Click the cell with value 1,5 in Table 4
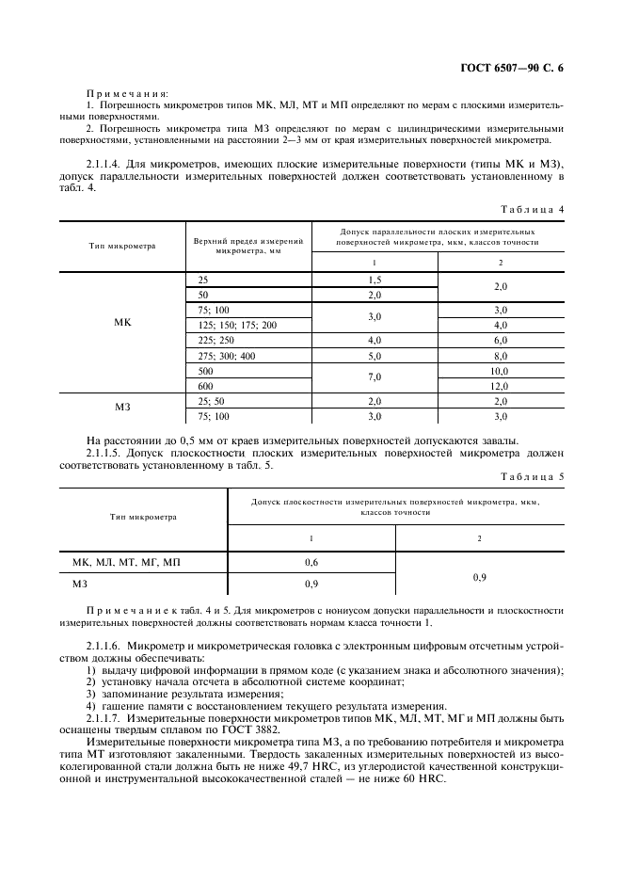pos(375,280)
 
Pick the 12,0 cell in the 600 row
pos(500,386)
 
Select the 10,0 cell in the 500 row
pos(500,371)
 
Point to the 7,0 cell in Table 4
pos(375,378)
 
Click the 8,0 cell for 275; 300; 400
pos(500,356)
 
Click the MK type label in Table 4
pos(122,323)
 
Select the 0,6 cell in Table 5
pos(311,562)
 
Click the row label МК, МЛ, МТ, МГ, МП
pos(126,562)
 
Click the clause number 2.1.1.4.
pos(108,164)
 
